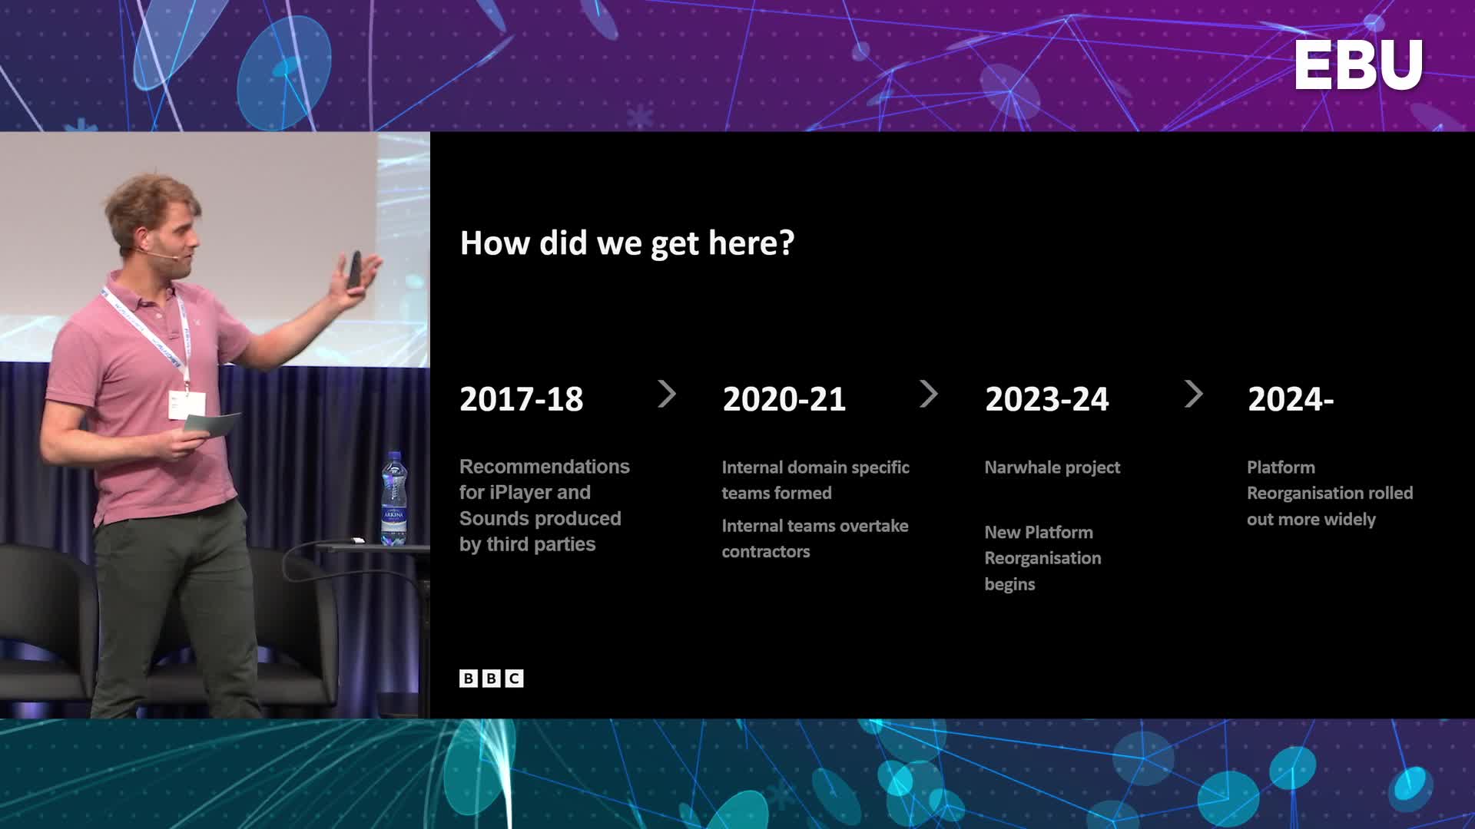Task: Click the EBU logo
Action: pos(1358,65)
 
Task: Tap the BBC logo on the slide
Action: pos(492,679)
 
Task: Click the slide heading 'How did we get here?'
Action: pos(627,243)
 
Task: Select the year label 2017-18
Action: pos(522,399)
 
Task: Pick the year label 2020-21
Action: pos(784,399)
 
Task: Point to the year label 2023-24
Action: pos(1047,399)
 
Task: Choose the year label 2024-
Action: pos(1291,399)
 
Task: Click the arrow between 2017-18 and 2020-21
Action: pos(667,395)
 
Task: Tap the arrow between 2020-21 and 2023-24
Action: pos(929,395)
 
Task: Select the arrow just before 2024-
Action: pos(1193,395)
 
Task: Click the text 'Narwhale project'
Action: pos(1052,467)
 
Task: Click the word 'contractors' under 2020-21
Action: pos(766,552)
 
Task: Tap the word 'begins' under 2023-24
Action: pos(1010,585)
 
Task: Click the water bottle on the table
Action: pos(394,498)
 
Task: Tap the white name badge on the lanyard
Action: pos(187,405)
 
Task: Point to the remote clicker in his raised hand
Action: pos(354,271)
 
